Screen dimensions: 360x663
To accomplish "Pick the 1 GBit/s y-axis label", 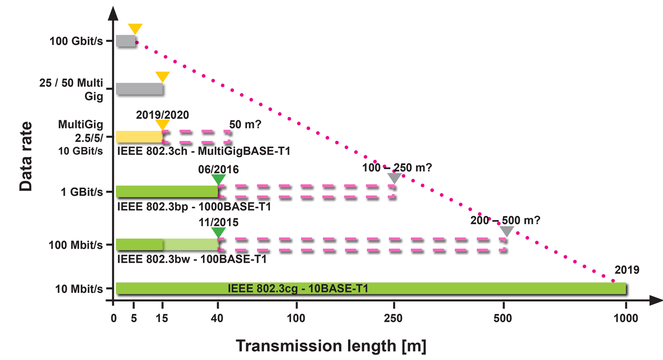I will click(x=82, y=192).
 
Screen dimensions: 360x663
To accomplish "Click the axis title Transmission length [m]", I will click(x=331, y=345).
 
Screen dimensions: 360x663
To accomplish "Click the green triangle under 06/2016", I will click(x=219, y=179).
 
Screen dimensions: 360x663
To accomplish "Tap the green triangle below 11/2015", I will click(x=219, y=232).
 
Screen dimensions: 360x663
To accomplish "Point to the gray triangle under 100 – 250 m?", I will click(x=394, y=178).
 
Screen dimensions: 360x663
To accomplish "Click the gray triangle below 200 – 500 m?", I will click(x=507, y=232).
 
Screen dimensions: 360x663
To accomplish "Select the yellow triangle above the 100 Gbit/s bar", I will click(x=135, y=29).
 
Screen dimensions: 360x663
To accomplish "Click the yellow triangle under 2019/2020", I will click(x=163, y=125).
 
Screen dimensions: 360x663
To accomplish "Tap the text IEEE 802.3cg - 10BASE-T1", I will click(x=298, y=289).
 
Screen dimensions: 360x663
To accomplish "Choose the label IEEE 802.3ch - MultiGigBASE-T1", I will click(x=204, y=152).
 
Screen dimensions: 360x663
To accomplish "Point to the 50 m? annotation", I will click(x=244, y=124).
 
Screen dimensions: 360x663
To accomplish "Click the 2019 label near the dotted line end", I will click(x=627, y=270).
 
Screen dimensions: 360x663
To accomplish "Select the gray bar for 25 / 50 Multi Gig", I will click(x=139, y=89).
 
